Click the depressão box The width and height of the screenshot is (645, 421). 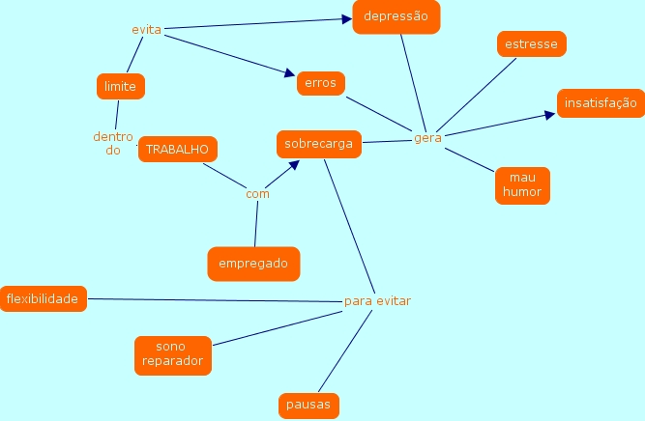[x=396, y=17]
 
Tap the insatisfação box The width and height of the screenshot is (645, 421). [x=601, y=102]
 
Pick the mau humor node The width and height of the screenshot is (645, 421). [x=522, y=185]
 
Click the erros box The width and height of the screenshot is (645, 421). [x=320, y=83]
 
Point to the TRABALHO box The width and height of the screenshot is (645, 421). [x=177, y=150]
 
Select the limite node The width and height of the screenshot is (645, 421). [x=121, y=87]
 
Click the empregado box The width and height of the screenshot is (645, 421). [x=253, y=263]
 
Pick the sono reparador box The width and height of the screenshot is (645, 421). [x=171, y=354]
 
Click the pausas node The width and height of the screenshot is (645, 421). [x=308, y=405]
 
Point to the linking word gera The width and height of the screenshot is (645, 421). [x=427, y=138]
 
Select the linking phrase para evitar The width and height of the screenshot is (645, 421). [x=377, y=301]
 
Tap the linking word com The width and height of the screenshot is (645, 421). [x=257, y=194]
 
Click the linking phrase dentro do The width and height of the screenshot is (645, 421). [x=113, y=143]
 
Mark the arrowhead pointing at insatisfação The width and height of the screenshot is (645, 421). [x=551, y=114]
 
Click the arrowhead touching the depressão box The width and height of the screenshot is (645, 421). [x=346, y=18]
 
